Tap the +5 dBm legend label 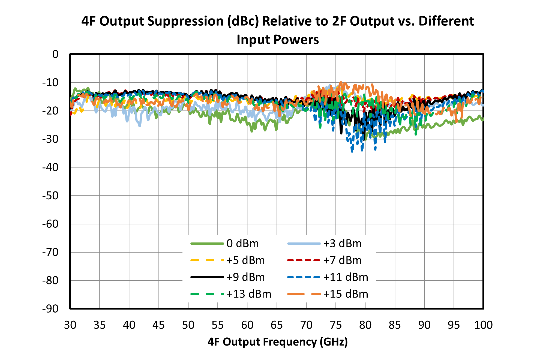pos(245,260)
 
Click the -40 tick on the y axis pos(50,167)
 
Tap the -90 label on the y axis pos(50,309)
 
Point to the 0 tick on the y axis pos(55,54)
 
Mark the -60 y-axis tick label pos(50,224)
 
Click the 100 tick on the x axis pos(483,325)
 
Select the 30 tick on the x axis pos(70,325)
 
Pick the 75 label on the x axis pos(336,325)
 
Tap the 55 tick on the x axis pos(218,325)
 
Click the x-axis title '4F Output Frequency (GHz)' pos(278,342)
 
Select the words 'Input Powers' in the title pos(278,40)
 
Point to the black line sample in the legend pos(207,277)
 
